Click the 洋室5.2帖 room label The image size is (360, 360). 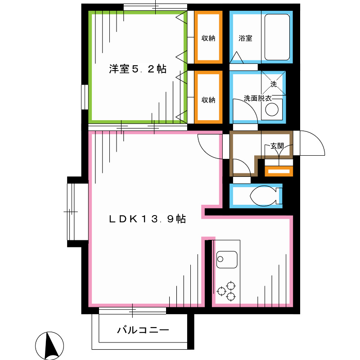[137, 69]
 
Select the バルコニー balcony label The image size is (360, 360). [143, 330]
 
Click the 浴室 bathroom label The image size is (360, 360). [245, 38]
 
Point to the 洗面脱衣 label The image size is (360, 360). [257, 98]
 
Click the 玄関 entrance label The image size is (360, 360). [277, 146]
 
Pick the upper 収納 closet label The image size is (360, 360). [208, 38]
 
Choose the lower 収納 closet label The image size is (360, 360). [208, 99]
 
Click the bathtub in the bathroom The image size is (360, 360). [277, 37]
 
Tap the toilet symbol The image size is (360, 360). [263, 196]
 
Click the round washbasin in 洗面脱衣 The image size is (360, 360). [272, 110]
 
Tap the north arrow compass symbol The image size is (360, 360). [49, 346]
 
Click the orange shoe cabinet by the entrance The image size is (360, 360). [279, 171]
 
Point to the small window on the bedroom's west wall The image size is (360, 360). [85, 97]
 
